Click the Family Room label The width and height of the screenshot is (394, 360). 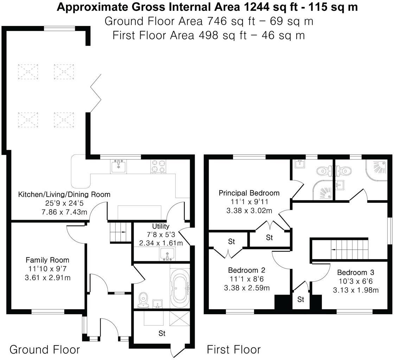point(47,260)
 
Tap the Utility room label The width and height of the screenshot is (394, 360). point(161,226)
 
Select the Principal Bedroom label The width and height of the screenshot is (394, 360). point(249,193)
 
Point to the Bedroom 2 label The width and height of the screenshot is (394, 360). point(246,270)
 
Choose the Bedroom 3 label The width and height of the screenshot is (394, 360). point(355,272)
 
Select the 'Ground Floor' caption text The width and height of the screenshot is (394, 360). point(45,349)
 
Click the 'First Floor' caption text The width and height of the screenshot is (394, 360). point(233,349)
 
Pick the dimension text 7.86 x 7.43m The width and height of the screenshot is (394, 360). point(64,211)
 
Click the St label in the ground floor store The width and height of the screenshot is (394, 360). point(162,333)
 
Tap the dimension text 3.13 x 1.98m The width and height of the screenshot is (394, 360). point(355,290)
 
